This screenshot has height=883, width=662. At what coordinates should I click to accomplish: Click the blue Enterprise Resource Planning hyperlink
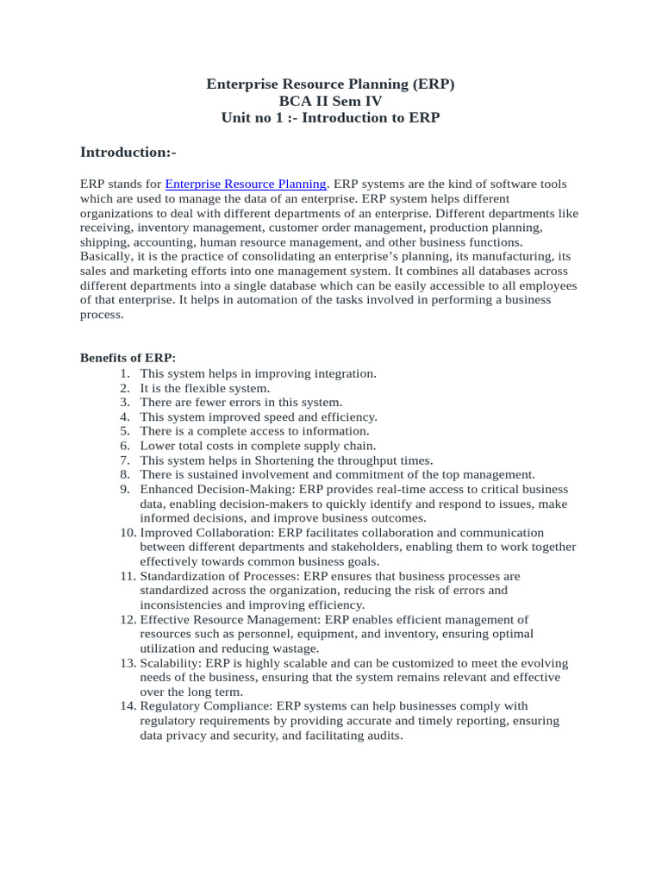(x=246, y=184)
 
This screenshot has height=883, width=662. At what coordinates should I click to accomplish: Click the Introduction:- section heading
(x=128, y=152)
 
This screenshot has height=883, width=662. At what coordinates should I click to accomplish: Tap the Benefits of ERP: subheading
(x=128, y=357)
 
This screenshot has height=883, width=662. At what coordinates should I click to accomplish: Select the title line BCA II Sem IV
(x=330, y=101)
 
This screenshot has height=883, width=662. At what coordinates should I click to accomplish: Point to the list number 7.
(x=125, y=460)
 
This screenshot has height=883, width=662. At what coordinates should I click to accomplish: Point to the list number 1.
(x=125, y=373)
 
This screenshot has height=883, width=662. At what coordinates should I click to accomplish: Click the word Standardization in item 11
(x=181, y=575)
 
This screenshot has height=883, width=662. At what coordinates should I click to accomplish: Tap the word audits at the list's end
(x=383, y=736)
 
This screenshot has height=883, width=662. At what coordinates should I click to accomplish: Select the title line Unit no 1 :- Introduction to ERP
(x=330, y=117)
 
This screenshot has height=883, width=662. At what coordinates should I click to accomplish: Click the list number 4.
(x=125, y=416)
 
